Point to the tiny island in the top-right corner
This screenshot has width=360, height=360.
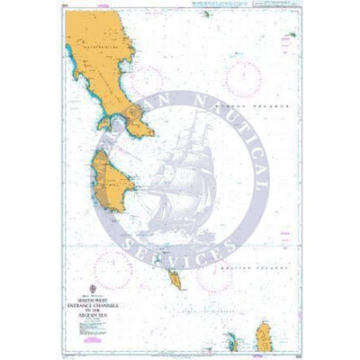point(293,35)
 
